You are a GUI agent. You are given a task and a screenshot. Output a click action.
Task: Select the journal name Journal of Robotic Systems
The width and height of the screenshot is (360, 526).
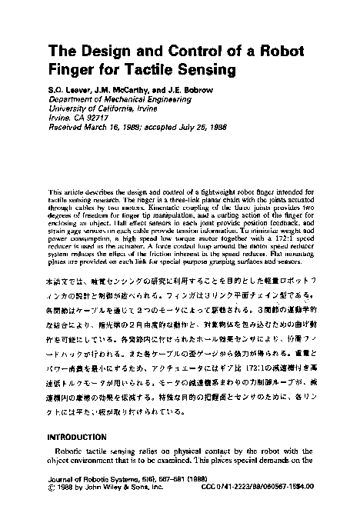(x=90, y=480)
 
